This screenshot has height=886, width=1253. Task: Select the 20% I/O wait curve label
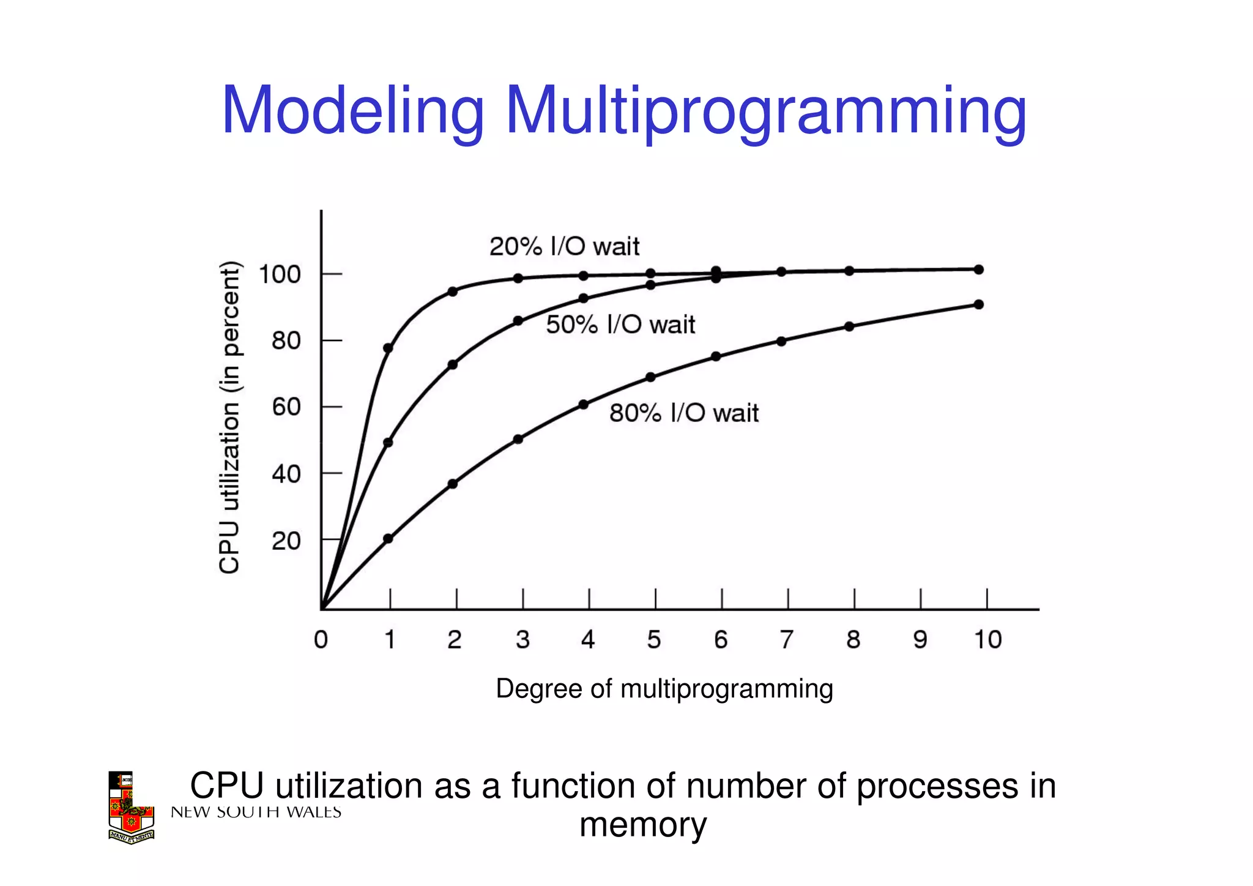pos(563,247)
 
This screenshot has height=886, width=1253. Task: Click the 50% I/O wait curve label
pos(620,325)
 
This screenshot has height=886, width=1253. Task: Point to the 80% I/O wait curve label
pos(683,413)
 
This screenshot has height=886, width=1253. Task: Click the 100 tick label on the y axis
pos(280,274)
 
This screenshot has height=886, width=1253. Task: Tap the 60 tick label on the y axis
pos(286,407)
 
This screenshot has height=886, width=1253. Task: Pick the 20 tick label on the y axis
pos(286,541)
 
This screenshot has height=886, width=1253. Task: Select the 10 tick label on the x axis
pos(987,640)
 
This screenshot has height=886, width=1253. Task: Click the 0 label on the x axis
pos(321,640)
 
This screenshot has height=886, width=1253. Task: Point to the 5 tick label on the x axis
pos(654,640)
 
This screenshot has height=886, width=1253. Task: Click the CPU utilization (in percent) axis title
pos(229,418)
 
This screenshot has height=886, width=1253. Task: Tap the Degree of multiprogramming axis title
pos(664,689)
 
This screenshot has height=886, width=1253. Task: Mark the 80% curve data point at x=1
pos(388,539)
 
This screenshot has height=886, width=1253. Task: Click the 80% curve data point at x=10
pos(978,304)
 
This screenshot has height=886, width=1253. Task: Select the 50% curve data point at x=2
pos(453,365)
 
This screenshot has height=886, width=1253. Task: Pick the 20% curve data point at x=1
pos(388,348)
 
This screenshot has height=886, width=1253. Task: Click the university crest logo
pos(130,808)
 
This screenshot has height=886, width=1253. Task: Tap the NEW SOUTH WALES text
pos(256,813)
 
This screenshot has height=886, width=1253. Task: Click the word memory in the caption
pos(642,825)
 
